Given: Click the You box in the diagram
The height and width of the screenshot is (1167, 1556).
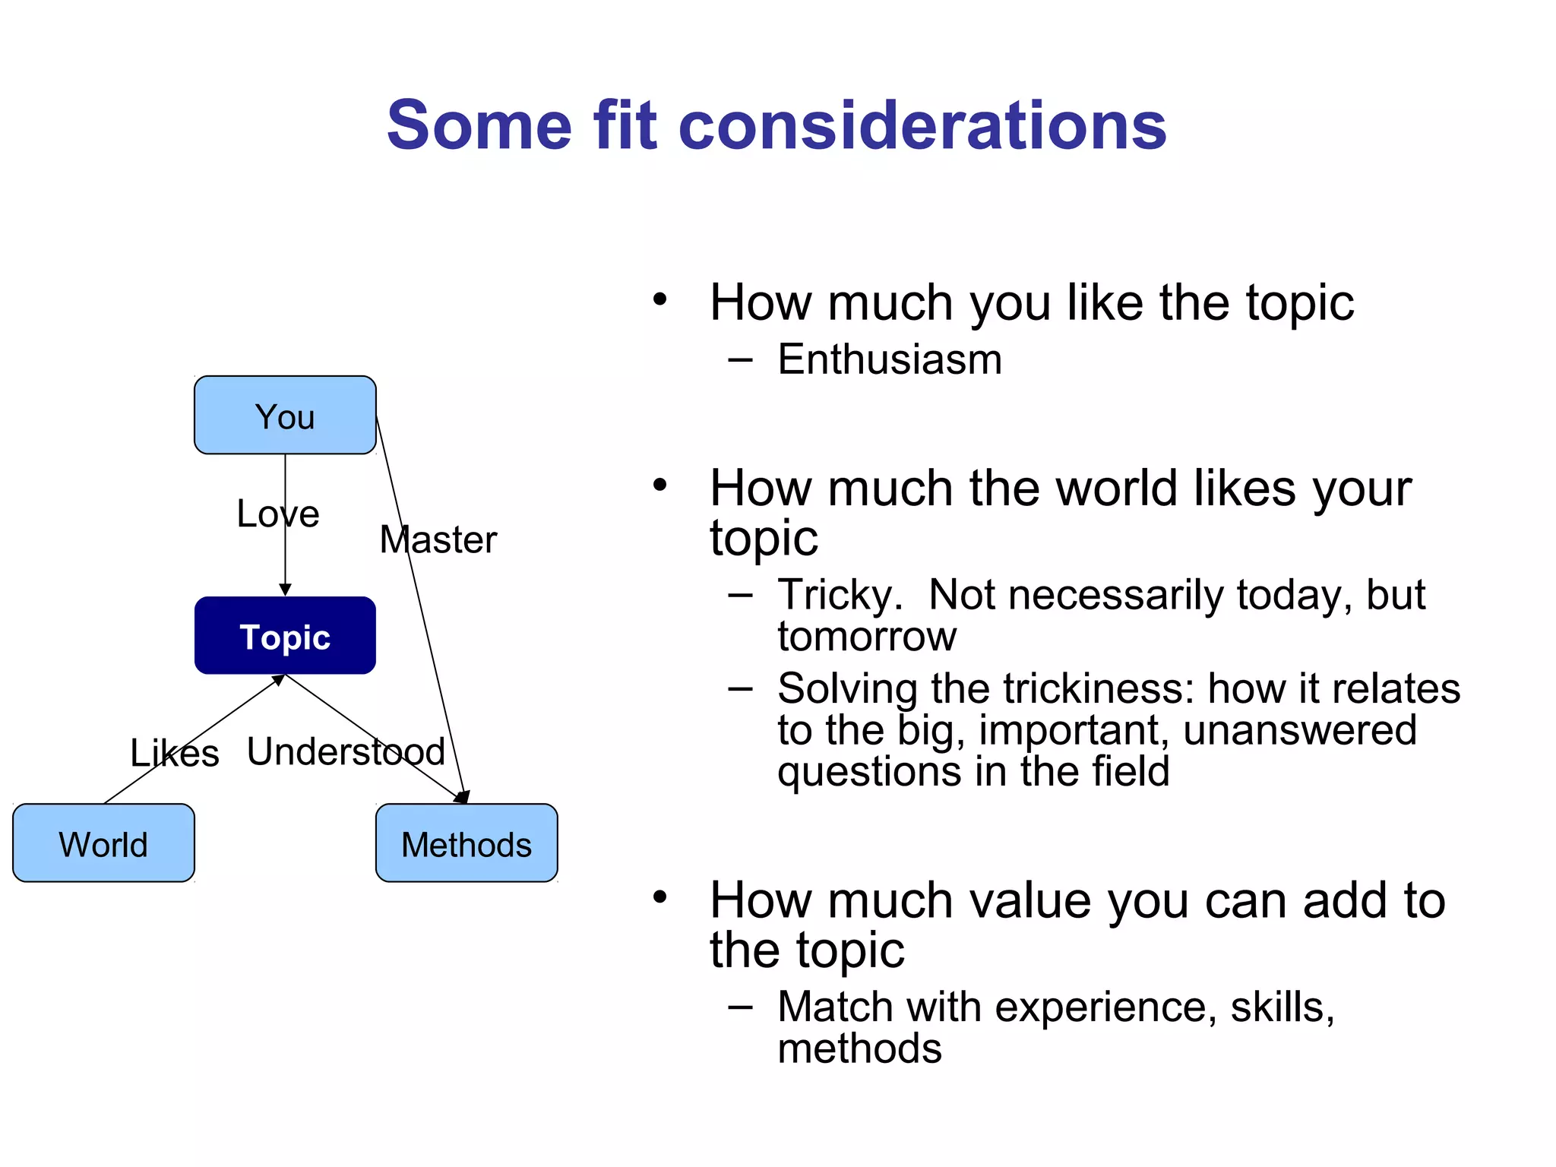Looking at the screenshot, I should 285,416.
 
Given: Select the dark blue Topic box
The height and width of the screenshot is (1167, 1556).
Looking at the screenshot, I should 285,636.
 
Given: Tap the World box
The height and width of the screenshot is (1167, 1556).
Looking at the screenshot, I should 103,843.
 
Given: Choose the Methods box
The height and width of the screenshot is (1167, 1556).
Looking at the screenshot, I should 466,843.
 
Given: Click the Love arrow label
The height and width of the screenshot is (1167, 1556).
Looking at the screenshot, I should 277,514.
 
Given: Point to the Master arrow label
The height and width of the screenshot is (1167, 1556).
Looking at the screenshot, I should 438,540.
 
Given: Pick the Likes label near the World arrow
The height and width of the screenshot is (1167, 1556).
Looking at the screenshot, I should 174,754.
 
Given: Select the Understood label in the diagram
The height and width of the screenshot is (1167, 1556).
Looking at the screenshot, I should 346,752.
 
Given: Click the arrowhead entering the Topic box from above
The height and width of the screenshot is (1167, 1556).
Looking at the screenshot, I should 285,590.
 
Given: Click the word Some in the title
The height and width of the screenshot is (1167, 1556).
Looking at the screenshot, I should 479,125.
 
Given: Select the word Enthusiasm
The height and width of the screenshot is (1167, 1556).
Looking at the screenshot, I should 890,359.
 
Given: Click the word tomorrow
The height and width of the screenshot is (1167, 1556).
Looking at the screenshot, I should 867,637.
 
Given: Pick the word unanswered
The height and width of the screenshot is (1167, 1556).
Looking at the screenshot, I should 1300,730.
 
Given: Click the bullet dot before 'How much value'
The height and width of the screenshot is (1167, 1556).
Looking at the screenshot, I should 659,897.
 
